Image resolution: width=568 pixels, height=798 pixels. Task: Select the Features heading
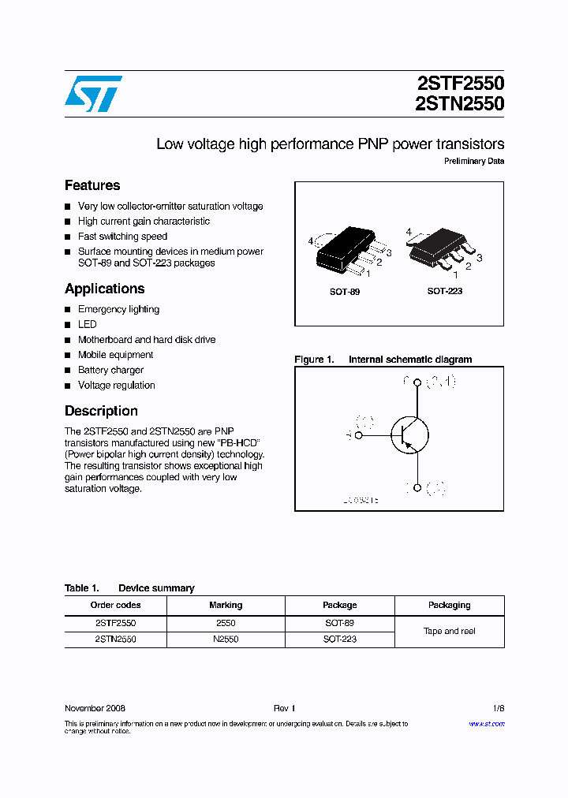pyautogui.click(x=92, y=185)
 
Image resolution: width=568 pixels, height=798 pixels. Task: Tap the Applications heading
pyautogui.click(x=104, y=289)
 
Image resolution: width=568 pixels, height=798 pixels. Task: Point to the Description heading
pyautogui.click(x=101, y=411)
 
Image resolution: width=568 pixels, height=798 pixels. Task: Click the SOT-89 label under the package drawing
pyautogui.click(x=345, y=292)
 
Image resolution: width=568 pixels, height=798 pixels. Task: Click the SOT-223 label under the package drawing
pyautogui.click(x=445, y=291)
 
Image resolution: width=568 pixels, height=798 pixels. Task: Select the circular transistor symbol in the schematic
pyautogui.click(x=409, y=434)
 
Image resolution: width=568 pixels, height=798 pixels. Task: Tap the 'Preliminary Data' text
pyautogui.click(x=473, y=161)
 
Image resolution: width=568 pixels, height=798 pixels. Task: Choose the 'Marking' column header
pyautogui.click(x=226, y=605)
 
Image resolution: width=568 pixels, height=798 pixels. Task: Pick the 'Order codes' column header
pyautogui.click(x=115, y=605)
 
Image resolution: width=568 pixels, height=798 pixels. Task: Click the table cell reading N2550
pyautogui.click(x=226, y=640)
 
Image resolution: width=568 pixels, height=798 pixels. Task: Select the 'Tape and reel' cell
pyautogui.click(x=450, y=631)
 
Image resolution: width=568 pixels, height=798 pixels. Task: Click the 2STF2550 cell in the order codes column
pyautogui.click(x=115, y=623)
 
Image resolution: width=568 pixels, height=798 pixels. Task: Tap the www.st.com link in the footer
pyautogui.click(x=487, y=724)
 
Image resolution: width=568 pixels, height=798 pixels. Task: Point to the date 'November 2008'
pyautogui.click(x=95, y=708)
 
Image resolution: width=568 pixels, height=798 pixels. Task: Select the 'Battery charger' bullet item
pyautogui.click(x=110, y=370)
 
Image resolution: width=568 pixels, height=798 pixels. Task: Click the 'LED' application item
pyautogui.click(x=88, y=324)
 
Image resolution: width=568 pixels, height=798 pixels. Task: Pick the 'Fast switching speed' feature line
pyautogui.click(x=122, y=237)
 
